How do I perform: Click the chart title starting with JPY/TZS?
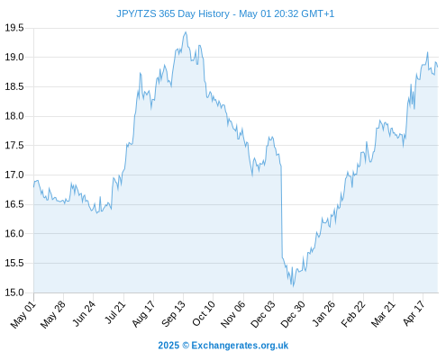[x=225, y=13]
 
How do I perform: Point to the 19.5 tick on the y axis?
[x=14, y=28]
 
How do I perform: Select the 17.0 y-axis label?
[x=14, y=175]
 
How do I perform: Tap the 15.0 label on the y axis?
[x=14, y=292]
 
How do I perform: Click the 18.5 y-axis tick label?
[x=14, y=86]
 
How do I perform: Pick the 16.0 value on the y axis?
[x=14, y=233]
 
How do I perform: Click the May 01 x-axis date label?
[x=23, y=315]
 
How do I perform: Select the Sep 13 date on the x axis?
[x=174, y=314]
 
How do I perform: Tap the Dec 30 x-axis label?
[x=293, y=314]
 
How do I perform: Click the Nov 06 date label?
[x=233, y=314]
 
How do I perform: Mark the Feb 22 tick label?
[x=353, y=314]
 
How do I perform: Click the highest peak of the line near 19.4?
[x=186, y=31]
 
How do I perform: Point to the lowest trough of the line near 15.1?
[x=294, y=286]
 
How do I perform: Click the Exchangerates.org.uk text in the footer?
[x=240, y=346]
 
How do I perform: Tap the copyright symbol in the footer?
[x=186, y=346]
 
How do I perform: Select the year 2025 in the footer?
[x=168, y=346]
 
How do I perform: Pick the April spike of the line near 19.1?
[x=427, y=52]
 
